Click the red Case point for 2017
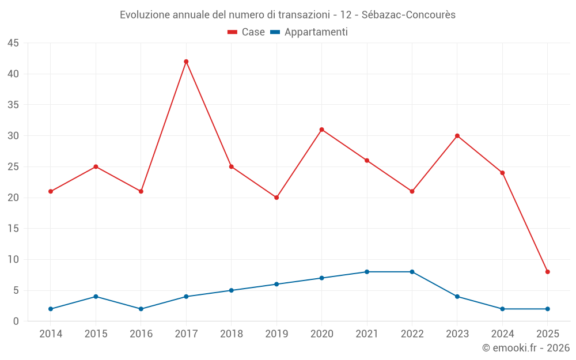click(x=186, y=62)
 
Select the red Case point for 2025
click(x=547, y=272)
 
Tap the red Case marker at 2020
click(x=321, y=130)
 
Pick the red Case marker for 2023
click(x=457, y=136)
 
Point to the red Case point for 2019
click(x=276, y=198)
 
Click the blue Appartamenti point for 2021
click(x=367, y=272)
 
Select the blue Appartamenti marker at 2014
click(x=51, y=309)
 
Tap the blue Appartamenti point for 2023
click(x=457, y=297)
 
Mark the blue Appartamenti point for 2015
click(x=96, y=297)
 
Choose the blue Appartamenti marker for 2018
click(x=231, y=290)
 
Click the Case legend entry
click(x=246, y=32)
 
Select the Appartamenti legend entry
click(x=309, y=32)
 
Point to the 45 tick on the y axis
click(x=13, y=43)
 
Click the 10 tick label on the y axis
click(x=13, y=260)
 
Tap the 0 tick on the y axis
click(x=16, y=321)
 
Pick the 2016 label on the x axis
click(x=141, y=334)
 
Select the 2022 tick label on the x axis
click(x=412, y=334)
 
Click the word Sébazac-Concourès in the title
click(x=408, y=15)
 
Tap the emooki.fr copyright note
click(x=525, y=348)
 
